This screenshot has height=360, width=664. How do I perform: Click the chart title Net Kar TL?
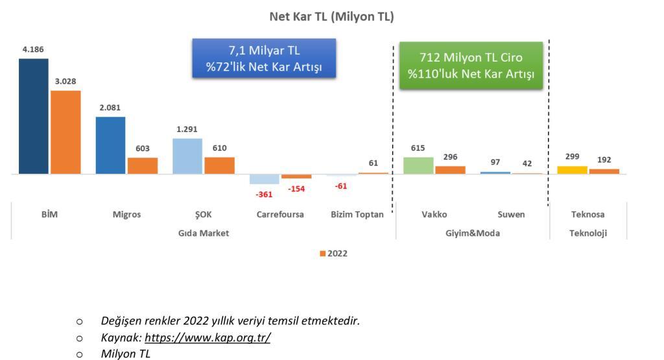pyautogui.click(x=331, y=16)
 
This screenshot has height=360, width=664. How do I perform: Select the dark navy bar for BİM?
pyautogui.click(x=34, y=116)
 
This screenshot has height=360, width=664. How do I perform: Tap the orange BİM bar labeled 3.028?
pyautogui.click(x=65, y=132)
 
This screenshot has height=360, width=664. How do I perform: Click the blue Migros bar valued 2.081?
pyautogui.click(x=110, y=145)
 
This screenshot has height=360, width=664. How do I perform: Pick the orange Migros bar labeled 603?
pyautogui.click(x=143, y=165)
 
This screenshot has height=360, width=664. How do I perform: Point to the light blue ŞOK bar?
pyautogui.click(x=187, y=156)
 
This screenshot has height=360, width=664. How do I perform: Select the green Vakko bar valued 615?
pyautogui.click(x=418, y=165)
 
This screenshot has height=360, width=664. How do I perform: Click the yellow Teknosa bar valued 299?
pyautogui.click(x=572, y=170)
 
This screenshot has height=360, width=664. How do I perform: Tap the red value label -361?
pyautogui.click(x=264, y=195)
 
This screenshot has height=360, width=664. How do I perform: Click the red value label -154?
pyautogui.click(x=296, y=189)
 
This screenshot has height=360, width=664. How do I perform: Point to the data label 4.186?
pyautogui.click(x=33, y=49)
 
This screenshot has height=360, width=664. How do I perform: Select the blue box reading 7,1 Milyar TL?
pyautogui.click(x=264, y=58)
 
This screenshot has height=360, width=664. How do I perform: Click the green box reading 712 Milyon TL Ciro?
pyautogui.click(x=471, y=66)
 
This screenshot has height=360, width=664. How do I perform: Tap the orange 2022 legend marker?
pyautogui.click(x=323, y=253)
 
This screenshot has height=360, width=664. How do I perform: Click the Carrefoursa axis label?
pyautogui.click(x=280, y=214)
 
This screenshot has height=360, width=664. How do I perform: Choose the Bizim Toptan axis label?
pyautogui.click(x=357, y=214)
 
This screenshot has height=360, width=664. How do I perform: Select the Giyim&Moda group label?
pyautogui.click(x=473, y=233)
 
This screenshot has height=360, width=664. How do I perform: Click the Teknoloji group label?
pyautogui.click(x=587, y=233)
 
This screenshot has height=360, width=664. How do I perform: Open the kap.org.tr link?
pyautogui.click(x=207, y=337)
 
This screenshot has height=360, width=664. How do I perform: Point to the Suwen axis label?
pyautogui.click(x=511, y=214)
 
